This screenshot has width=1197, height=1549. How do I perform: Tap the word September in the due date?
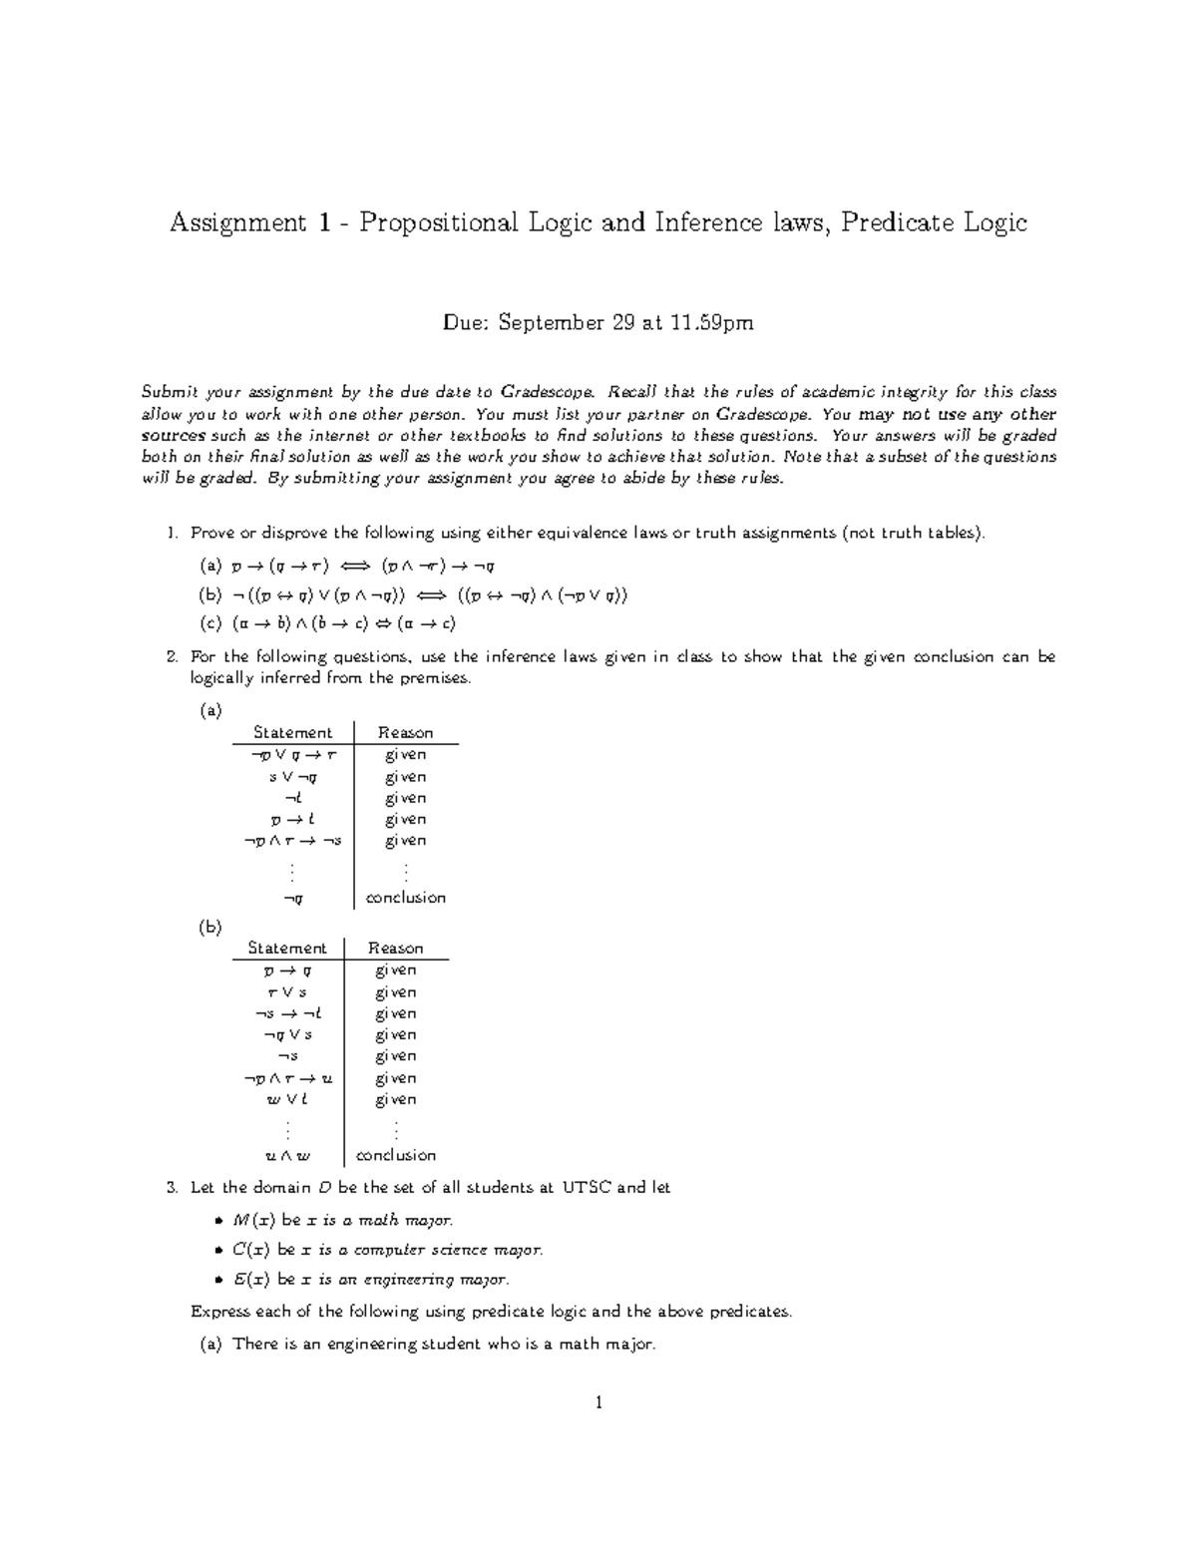(550, 323)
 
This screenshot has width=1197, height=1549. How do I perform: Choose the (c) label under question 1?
(210, 624)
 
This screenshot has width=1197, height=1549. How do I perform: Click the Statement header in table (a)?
(292, 733)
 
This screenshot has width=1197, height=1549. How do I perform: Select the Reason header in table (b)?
(396, 949)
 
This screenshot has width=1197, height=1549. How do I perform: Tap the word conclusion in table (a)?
(405, 898)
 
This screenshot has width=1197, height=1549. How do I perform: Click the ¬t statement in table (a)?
(292, 798)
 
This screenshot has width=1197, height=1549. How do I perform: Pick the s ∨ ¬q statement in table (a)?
(292, 777)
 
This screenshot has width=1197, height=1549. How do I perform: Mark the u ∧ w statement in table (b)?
(287, 1156)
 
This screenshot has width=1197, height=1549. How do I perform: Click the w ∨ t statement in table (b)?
(287, 1100)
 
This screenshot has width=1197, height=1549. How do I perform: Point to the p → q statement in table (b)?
(287, 970)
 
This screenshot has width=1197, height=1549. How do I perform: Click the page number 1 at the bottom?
(598, 1403)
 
